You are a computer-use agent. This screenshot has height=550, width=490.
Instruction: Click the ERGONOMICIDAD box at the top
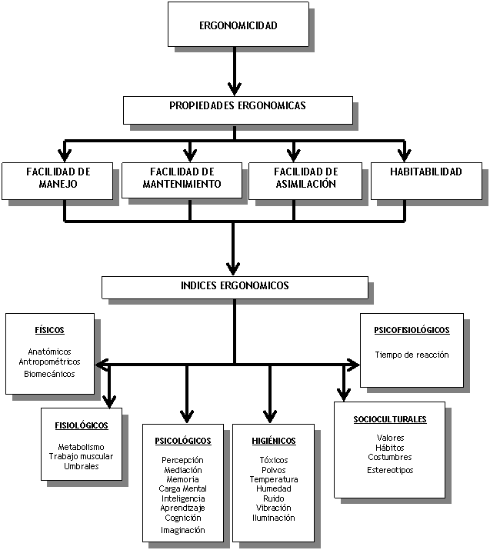(x=238, y=25)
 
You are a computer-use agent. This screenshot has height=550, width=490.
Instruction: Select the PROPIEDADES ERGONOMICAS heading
(x=237, y=106)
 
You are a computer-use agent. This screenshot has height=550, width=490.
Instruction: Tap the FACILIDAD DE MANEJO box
(x=58, y=178)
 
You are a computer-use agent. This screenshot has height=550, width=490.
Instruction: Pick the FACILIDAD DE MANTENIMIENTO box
(x=182, y=178)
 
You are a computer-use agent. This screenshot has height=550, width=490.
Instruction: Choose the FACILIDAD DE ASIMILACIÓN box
(x=305, y=178)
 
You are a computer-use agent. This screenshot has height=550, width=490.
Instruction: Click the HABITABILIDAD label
(x=425, y=172)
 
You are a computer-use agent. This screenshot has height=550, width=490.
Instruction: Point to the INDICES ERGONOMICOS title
(x=235, y=285)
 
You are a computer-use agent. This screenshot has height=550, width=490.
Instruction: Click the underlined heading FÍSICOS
(x=49, y=330)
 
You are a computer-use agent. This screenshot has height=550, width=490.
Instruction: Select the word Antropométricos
(x=50, y=362)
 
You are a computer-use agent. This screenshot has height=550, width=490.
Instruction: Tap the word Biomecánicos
(x=50, y=374)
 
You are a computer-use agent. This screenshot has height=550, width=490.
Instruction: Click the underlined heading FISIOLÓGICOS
(x=81, y=425)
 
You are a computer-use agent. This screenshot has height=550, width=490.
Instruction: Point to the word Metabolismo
(x=81, y=447)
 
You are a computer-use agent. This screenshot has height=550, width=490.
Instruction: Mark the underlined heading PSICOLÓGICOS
(x=183, y=441)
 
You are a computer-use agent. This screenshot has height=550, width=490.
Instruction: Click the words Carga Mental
(x=183, y=488)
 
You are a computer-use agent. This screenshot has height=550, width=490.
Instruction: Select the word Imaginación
(x=183, y=530)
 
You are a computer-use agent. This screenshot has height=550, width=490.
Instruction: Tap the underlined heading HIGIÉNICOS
(x=273, y=441)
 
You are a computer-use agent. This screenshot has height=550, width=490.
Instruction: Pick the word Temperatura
(x=273, y=479)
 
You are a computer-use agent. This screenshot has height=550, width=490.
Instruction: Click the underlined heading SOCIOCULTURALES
(x=390, y=419)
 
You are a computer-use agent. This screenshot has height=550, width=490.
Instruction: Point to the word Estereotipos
(x=390, y=469)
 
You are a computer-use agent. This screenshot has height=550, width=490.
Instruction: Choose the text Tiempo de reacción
(x=412, y=355)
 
